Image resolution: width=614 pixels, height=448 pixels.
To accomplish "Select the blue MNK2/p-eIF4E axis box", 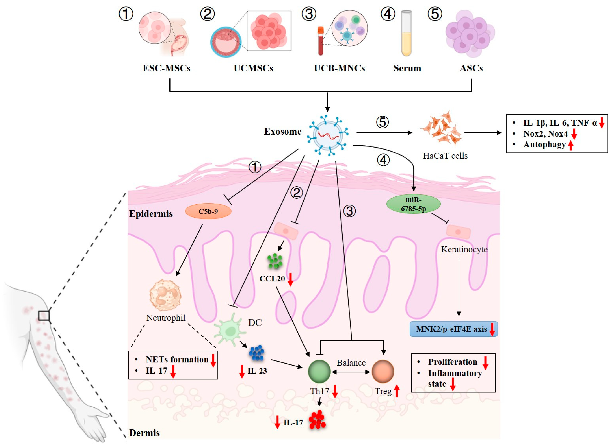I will click(453, 329).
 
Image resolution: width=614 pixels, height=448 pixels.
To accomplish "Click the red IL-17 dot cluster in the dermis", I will click(317, 420).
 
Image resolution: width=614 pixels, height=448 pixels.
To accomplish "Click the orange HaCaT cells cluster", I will click(441, 129).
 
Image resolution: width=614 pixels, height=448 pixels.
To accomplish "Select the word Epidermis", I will click(151, 214).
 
